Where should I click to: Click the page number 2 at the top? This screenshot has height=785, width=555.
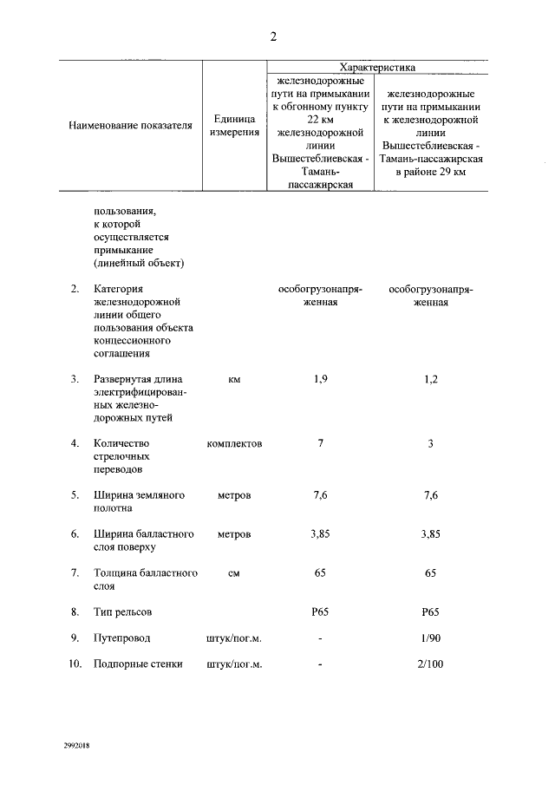pyautogui.click(x=274, y=36)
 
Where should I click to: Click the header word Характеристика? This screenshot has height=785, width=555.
pyautogui.click(x=377, y=67)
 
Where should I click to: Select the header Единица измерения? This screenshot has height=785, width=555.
pyautogui.click(x=234, y=126)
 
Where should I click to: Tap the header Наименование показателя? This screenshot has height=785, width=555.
pyautogui.click(x=130, y=126)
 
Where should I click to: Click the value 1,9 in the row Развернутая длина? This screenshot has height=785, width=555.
pyautogui.click(x=320, y=379)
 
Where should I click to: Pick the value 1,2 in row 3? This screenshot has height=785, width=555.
pyautogui.click(x=430, y=379)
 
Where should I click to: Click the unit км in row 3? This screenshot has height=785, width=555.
pyautogui.click(x=234, y=379)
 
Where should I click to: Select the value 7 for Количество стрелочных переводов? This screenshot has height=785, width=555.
pyautogui.click(x=320, y=443)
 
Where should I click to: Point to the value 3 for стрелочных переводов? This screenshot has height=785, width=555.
pyautogui.click(x=430, y=443)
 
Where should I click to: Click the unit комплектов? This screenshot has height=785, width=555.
pyautogui.click(x=234, y=443)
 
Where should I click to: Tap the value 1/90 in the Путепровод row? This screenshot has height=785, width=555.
pyautogui.click(x=430, y=638)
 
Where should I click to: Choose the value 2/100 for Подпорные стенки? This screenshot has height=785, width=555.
pyautogui.click(x=430, y=664)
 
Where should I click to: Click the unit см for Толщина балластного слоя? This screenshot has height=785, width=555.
pyautogui.click(x=234, y=573)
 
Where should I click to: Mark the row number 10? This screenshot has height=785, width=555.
pyautogui.click(x=75, y=664)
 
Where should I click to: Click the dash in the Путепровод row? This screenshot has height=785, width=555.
pyautogui.click(x=320, y=639)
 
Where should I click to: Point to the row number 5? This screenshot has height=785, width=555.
pyautogui.click(x=75, y=494)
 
